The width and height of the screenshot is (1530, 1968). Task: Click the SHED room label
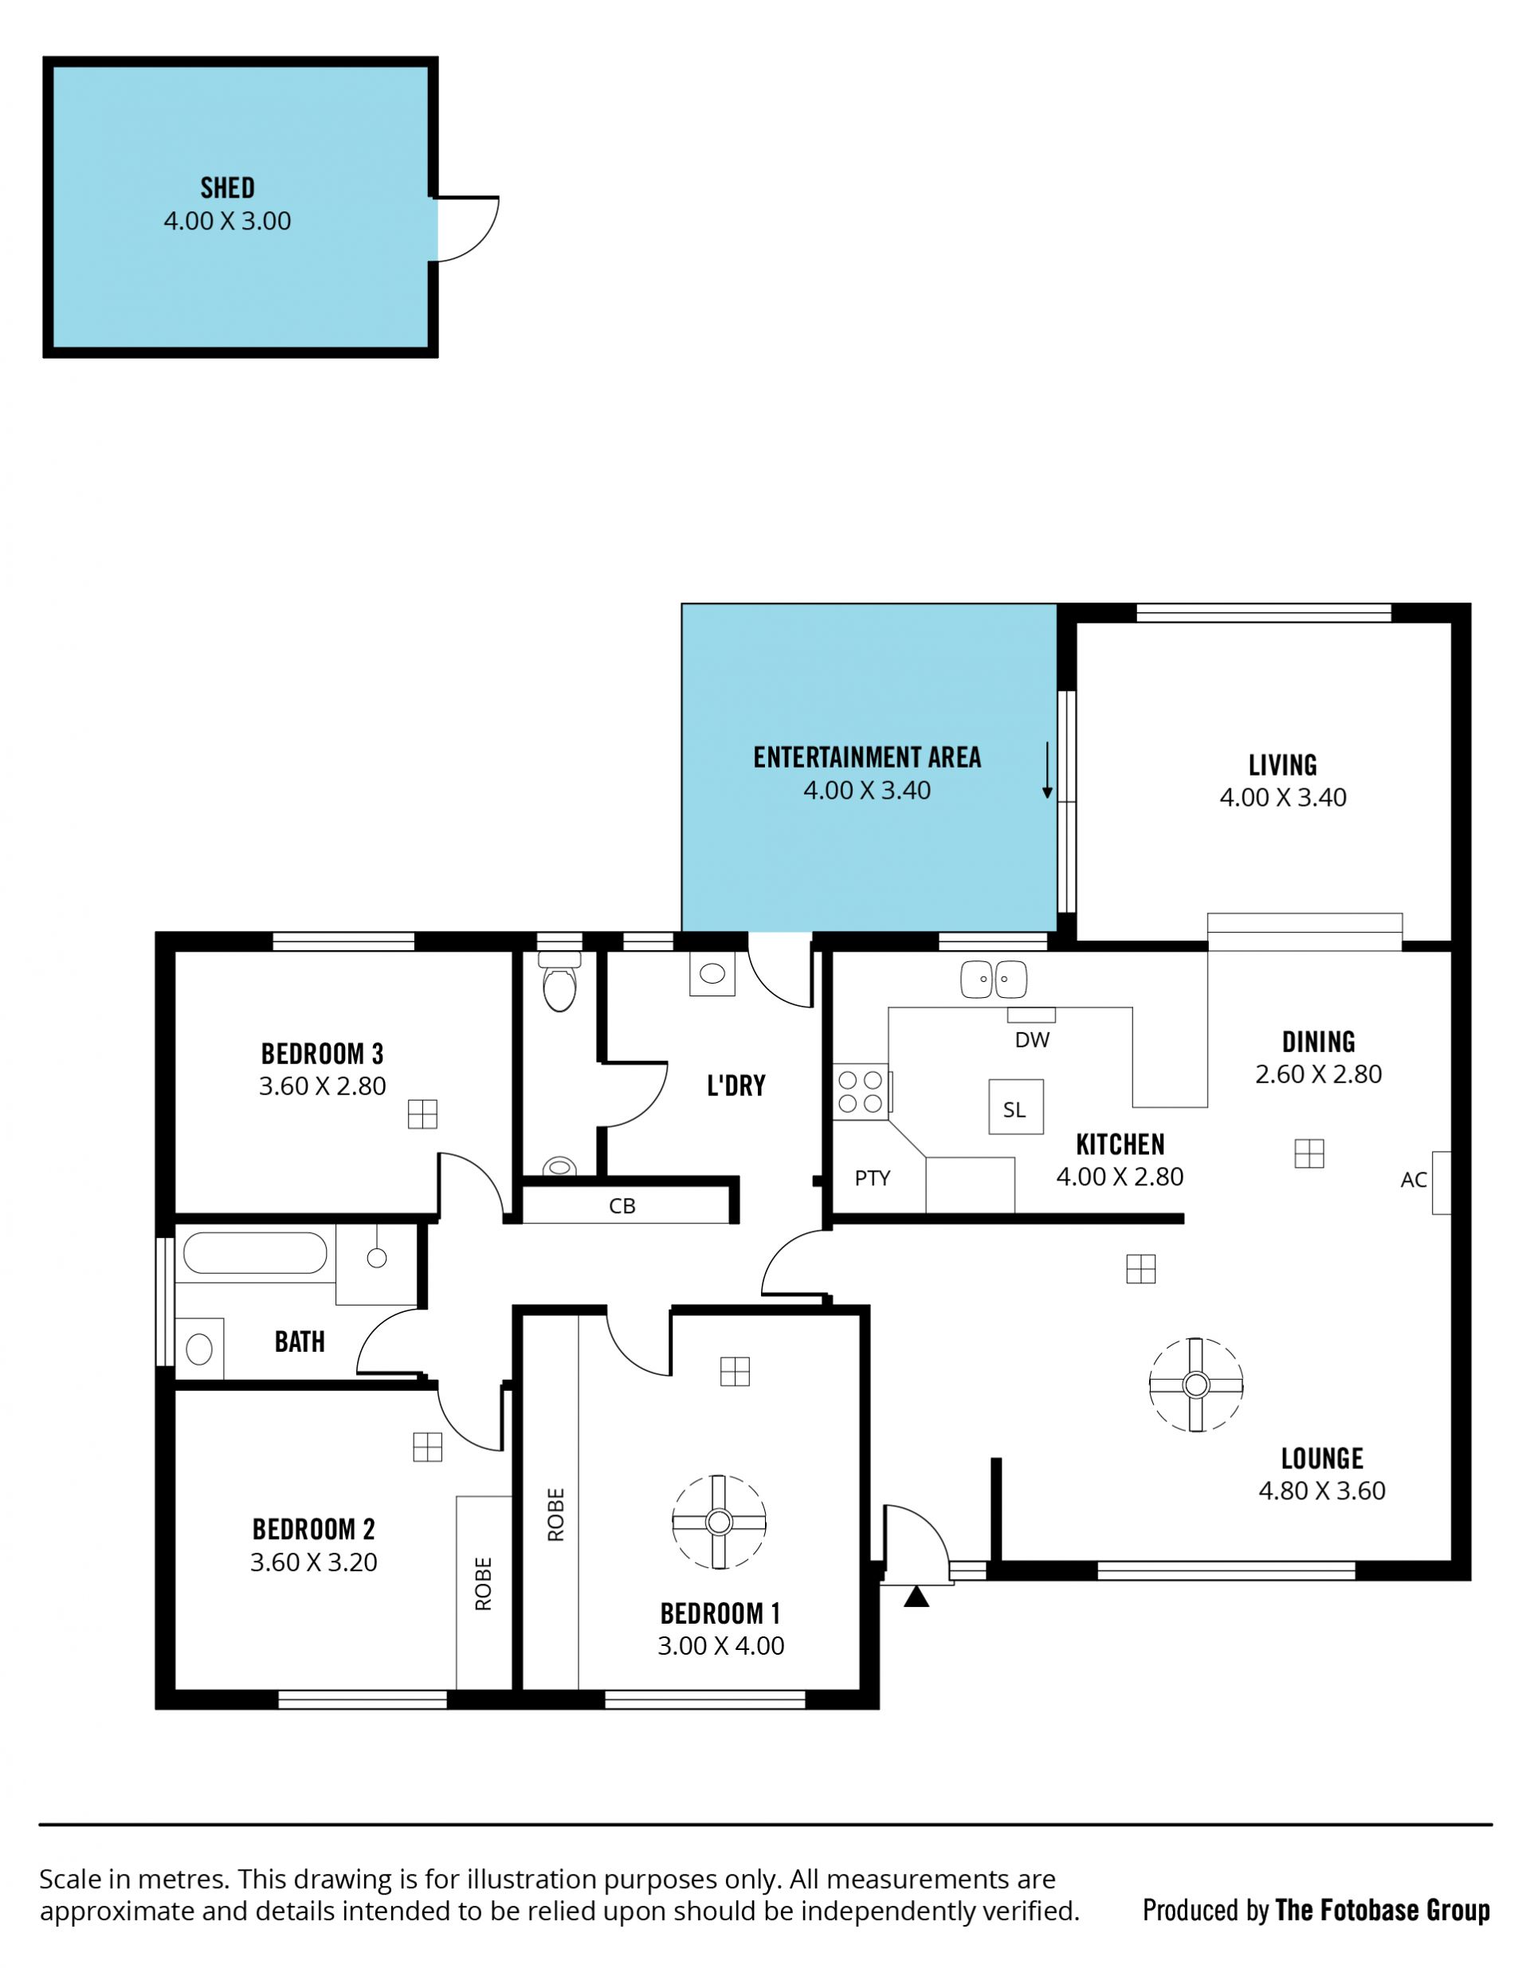227,187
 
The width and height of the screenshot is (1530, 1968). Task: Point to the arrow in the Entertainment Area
1047,772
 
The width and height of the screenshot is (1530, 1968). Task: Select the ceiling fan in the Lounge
1195,1384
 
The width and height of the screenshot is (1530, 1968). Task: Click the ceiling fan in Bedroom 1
719,1522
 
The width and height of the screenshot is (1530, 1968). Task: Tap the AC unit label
1414,1180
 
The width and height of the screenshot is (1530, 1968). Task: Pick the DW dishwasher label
1032,1040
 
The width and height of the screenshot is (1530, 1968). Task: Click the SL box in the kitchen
1015,1106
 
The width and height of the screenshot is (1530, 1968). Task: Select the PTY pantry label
873,1178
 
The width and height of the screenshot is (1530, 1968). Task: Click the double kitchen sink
993,980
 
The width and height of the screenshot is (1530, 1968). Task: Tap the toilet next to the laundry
559,981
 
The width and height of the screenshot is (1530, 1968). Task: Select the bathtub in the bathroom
255,1252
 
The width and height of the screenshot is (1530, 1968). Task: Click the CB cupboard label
622,1206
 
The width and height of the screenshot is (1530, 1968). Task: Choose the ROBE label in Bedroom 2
484,1583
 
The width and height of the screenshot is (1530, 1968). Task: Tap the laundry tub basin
712,974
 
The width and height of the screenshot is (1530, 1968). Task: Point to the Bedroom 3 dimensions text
323,1086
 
